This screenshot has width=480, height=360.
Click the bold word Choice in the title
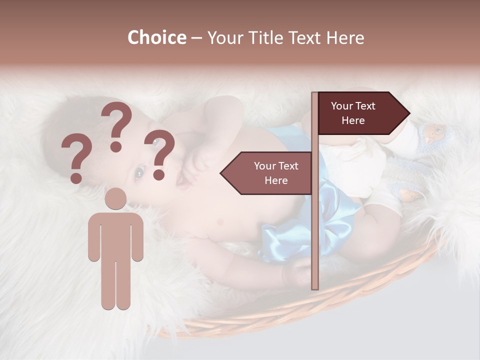click(x=156, y=37)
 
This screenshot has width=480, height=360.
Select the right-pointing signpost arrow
click(x=360, y=113)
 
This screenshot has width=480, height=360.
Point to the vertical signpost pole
click(x=314, y=225)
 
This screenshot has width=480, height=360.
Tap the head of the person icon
click(x=116, y=199)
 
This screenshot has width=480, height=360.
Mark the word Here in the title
click(x=345, y=37)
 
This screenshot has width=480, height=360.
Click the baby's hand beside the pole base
click(x=297, y=272)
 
